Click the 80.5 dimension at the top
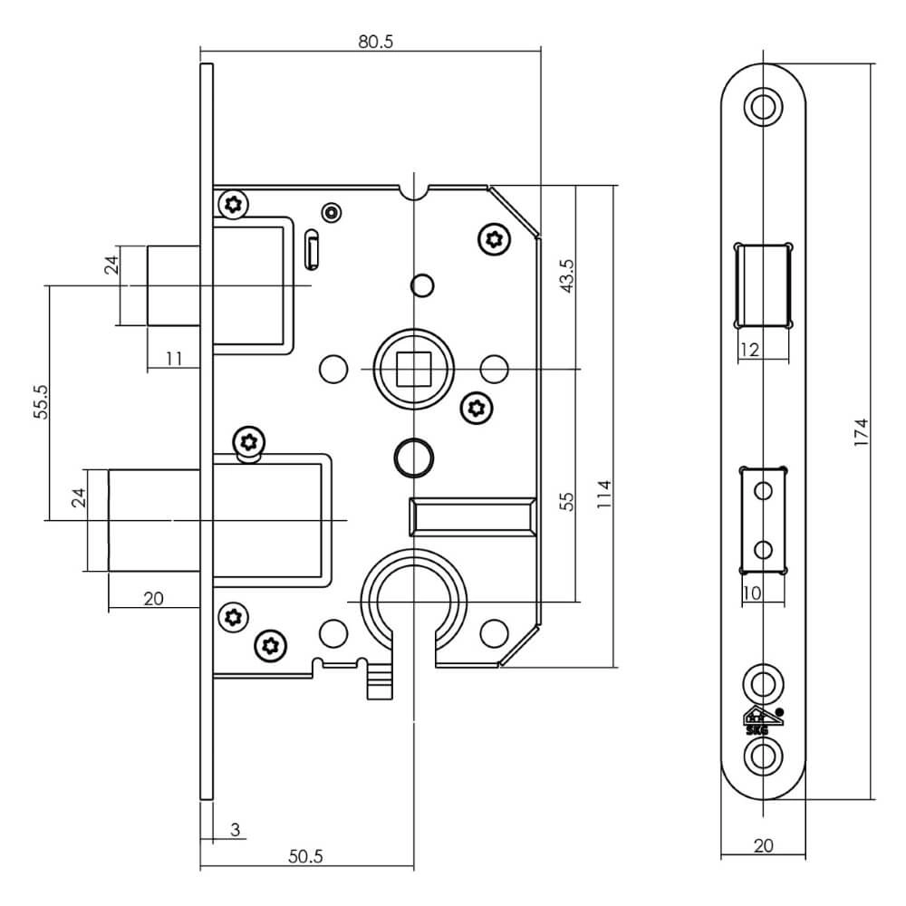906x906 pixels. (376, 42)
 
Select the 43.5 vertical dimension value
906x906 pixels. (567, 276)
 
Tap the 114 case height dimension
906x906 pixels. (606, 496)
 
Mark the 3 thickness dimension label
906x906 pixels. (235, 829)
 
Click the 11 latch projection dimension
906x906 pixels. (175, 359)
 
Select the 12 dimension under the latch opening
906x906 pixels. (749, 350)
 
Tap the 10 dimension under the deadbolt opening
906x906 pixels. (749, 593)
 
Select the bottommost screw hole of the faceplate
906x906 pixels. (763, 755)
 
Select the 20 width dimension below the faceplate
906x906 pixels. (763, 844)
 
